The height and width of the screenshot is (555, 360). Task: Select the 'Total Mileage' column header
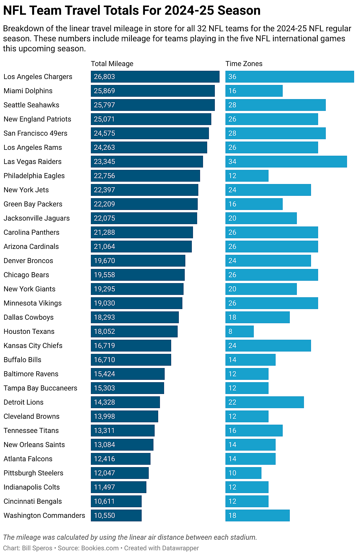pos(112,64)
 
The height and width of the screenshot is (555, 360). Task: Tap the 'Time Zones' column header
pos(244,64)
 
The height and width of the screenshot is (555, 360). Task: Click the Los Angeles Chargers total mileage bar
pos(155,77)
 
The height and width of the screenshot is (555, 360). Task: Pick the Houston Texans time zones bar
pos(239,331)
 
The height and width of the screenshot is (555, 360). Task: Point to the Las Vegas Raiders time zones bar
pos(286,162)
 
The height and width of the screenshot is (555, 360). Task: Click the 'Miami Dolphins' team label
pos(28,91)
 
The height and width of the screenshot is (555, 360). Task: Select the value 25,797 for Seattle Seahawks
pos(104,105)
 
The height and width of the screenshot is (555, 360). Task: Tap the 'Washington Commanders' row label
pos(44,515)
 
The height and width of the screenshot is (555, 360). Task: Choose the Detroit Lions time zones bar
pos(264,402)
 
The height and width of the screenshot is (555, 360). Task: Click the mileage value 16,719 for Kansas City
pos(104,346)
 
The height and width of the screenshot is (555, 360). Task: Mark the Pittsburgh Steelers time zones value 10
pos(232,473)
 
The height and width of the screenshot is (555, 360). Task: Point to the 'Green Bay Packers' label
pos(33,204)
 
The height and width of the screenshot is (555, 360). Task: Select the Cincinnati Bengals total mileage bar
pos(116,501)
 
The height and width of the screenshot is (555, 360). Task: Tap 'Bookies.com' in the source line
pos(100,548)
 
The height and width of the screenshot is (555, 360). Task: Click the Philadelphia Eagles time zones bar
pos(247,176)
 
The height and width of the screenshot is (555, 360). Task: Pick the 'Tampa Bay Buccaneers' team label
pos(40,388)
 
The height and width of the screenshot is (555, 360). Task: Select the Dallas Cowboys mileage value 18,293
pos(104,317)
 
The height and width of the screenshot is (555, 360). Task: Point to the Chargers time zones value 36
pos(232,77)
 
